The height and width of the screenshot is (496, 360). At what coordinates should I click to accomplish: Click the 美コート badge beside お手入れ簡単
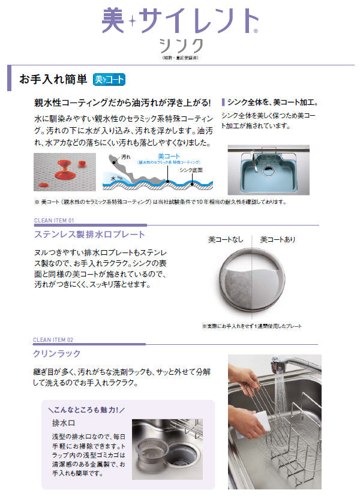(x=109, y=79)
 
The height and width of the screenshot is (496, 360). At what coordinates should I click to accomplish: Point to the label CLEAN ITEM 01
(x=53, y=221)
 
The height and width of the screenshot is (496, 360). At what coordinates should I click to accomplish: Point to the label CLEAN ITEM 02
(x=53, y=340)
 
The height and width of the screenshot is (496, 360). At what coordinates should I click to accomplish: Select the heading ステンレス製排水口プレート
(x=89, y=234)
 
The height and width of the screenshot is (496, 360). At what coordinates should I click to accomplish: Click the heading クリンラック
(x=57, y=354)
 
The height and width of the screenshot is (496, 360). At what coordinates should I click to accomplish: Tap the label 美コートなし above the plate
(x=226, y=239)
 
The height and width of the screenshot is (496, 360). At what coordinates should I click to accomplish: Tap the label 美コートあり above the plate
(x=277, y=239)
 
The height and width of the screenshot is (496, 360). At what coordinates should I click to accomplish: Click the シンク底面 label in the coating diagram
(x=191, y=170)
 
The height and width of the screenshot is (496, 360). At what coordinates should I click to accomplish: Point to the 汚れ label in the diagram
(x=125, y=157)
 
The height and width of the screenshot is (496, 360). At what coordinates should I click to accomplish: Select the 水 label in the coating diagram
(x=112, y=177)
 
